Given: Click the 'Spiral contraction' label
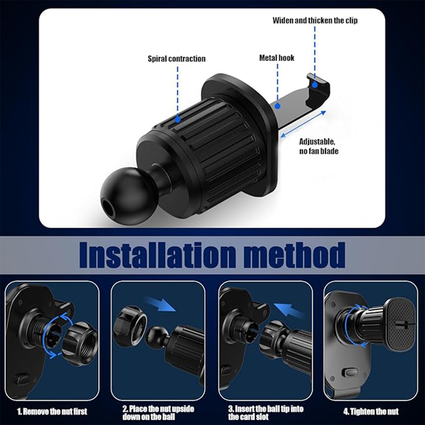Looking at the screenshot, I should tap(176, 59).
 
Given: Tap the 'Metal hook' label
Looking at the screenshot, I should tap(276, 58).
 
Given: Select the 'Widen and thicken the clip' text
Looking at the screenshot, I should tap(315, 20).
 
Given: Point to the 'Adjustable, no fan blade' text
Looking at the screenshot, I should tap(319, 146).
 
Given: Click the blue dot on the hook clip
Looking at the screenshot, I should tap(315, 85).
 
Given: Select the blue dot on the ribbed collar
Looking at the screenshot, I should tap(178, 119).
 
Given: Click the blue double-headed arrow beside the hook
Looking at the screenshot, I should tap(303, 124).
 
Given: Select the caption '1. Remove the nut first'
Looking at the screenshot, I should tap(52, 411).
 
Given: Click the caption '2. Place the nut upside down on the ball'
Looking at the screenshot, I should tap(158, 413).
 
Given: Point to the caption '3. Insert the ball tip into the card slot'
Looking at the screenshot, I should tap(265, 413).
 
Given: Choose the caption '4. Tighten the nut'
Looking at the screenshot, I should tap(371, 411).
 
